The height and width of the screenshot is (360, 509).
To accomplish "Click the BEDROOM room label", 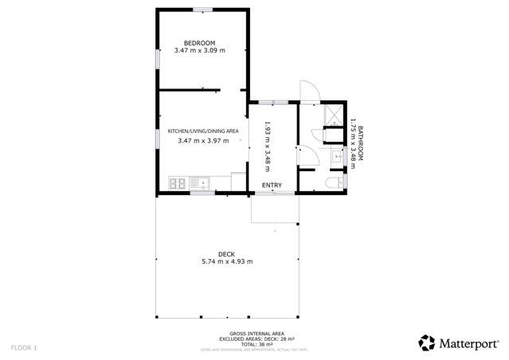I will [x=200, y=42].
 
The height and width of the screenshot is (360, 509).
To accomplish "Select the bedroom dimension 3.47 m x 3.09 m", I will [x=200, y=51].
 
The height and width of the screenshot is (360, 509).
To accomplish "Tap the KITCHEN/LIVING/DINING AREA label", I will [x=202, y=131].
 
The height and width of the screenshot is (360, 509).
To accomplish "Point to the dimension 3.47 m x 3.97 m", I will [x=202, y=141].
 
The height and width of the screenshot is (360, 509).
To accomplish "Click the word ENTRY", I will [x=272, y=186].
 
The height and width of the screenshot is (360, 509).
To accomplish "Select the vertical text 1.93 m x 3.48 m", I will [x=268, y=147].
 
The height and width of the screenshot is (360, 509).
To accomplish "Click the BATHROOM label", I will [x=360, y=144].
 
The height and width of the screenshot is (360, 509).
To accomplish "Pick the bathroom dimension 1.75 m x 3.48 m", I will [x=351, y=144].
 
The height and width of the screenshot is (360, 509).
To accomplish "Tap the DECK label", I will [x=226, y=252].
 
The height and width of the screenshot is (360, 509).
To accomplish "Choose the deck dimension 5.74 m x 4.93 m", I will [x=226, y=261].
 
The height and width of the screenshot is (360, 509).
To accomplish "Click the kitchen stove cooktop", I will [x=178, y=183].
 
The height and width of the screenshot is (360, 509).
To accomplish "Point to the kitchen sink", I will [x=201, y=183].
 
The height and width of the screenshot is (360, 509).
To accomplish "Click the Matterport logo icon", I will [x=427, y=342].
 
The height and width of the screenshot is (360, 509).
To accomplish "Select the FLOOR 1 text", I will [x=24, y=347].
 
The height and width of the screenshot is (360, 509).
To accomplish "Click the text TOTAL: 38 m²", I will [x=253, y=344].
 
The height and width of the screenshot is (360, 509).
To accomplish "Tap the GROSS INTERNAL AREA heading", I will [x=253, y=335].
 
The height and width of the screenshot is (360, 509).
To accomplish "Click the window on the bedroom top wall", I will [x=202, y=10].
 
